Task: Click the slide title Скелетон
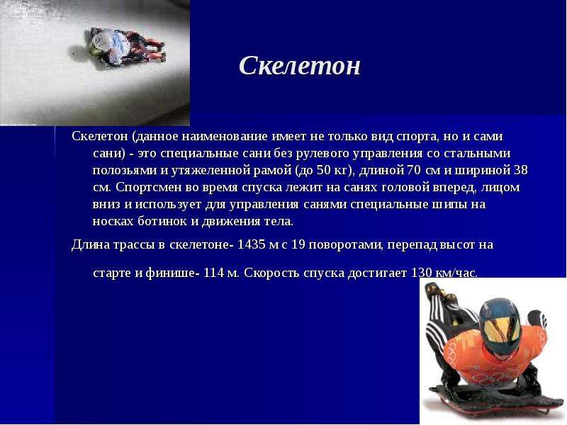(300, 66)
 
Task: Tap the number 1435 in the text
(252, 244)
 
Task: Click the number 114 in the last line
(214, 273)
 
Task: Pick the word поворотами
(346, 245)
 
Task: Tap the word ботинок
(162, 221)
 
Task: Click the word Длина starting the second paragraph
(91, 245)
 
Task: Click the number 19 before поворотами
(298, 244)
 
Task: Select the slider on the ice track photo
(119, 47)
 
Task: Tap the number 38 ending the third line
(521, 170)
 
